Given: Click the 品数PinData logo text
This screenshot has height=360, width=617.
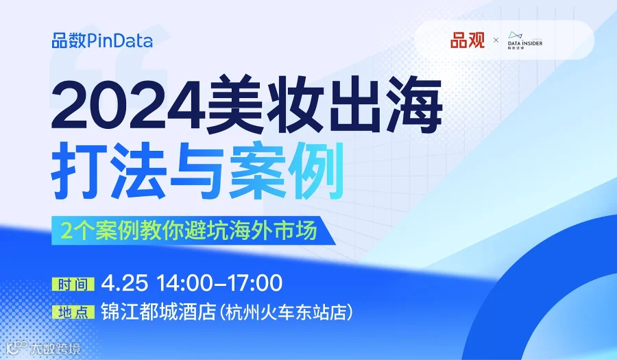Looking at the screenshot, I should tap(102, 40).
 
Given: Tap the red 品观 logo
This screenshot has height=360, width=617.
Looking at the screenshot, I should tap(467, 40).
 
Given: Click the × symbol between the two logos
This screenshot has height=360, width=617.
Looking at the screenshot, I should tap(496, 41).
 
